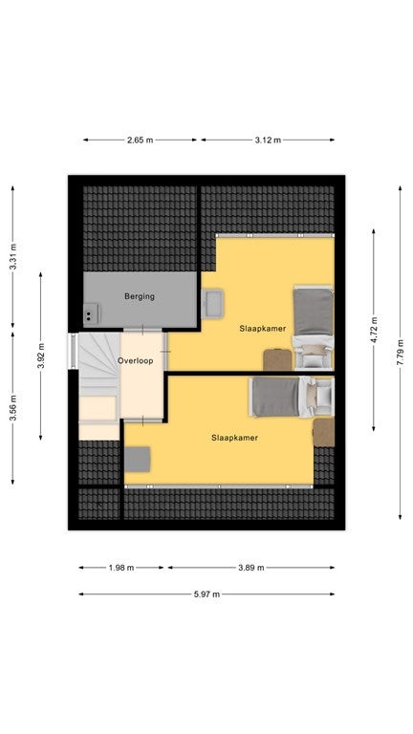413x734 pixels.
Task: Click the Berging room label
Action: pos(140,296)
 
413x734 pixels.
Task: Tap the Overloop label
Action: pos(136,361)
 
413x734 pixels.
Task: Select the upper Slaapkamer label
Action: pos(263,328)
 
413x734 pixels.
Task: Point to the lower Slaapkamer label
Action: pos(234,438)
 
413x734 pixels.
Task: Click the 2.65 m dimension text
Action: pos(140,140)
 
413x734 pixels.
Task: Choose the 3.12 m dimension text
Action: pos(269,140)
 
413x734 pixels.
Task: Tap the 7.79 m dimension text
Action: pos(401,352)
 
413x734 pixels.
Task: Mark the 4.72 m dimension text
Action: pos(374,330)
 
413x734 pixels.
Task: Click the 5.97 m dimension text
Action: pos(206,594)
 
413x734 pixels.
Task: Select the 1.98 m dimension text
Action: pos(121,568)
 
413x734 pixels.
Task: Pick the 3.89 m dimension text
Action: pos(251,568)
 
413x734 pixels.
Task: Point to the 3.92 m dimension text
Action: pos(41,356)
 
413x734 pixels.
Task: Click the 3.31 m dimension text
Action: pos(13,256)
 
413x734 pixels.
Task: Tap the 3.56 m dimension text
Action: pos(13,408)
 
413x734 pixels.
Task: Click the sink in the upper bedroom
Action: pos(212,303)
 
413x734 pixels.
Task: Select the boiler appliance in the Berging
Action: pos(92,313)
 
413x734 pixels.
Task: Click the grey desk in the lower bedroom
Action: pos(138,459)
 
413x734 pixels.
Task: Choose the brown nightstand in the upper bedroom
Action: pos(277,360)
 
